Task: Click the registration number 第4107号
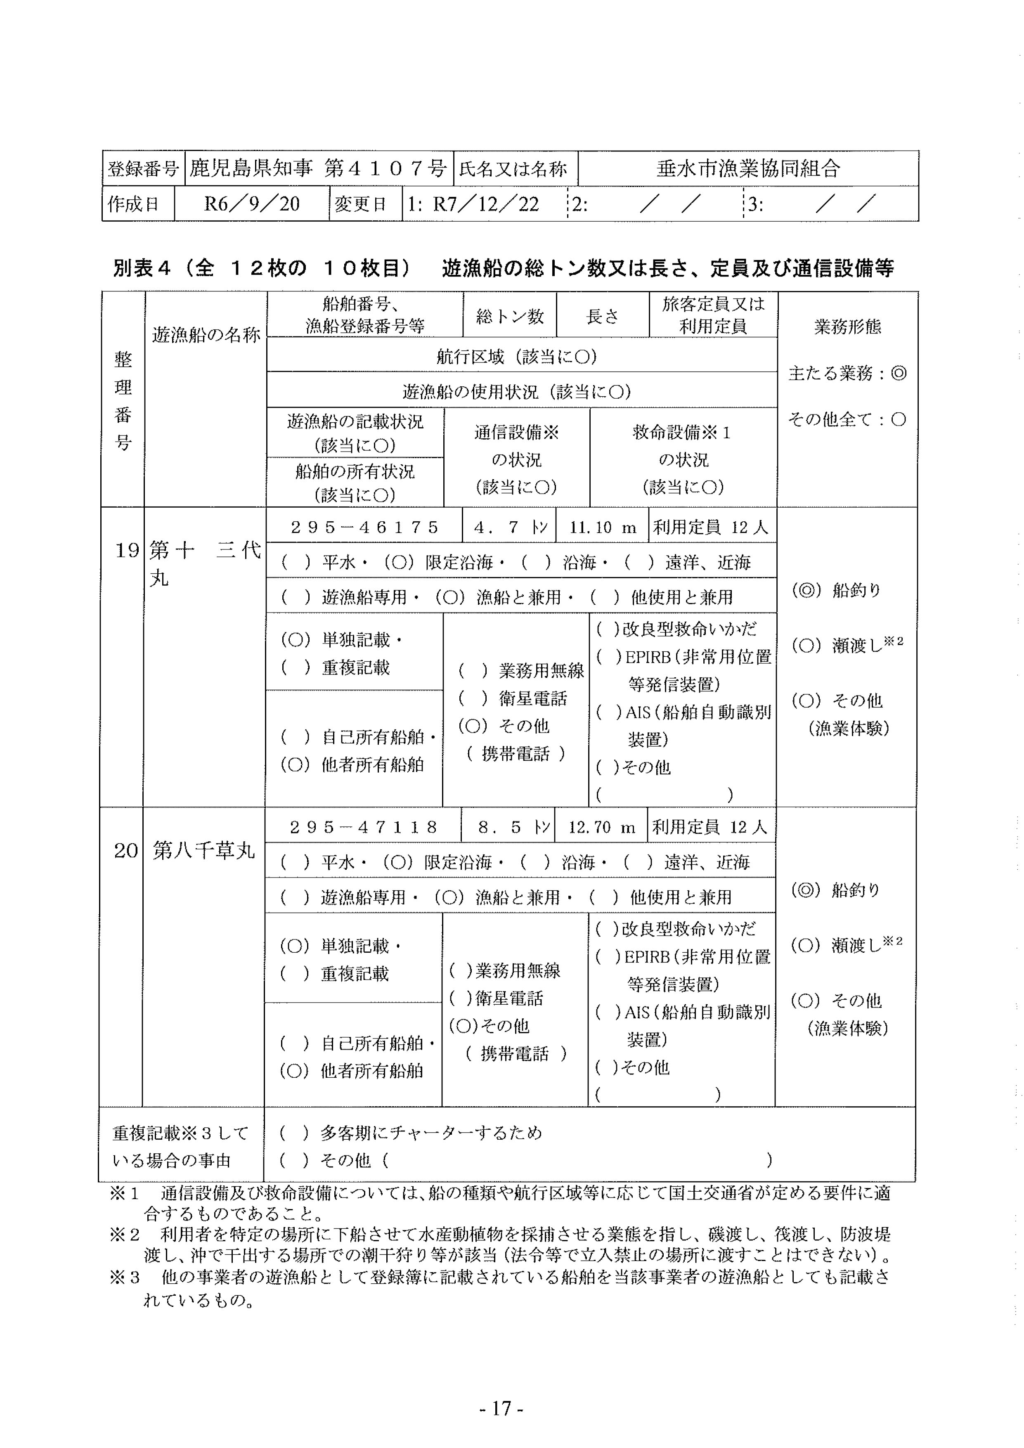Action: point(385,168)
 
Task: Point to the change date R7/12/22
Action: point(485,204)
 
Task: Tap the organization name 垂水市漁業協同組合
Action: point(748,168)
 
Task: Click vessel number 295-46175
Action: point(364,527)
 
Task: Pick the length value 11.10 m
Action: point(602,527)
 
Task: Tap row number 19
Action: point(126,551)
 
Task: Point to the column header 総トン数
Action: point(509,316)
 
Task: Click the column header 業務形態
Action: point(847,327)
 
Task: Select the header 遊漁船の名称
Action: point(206,335)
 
